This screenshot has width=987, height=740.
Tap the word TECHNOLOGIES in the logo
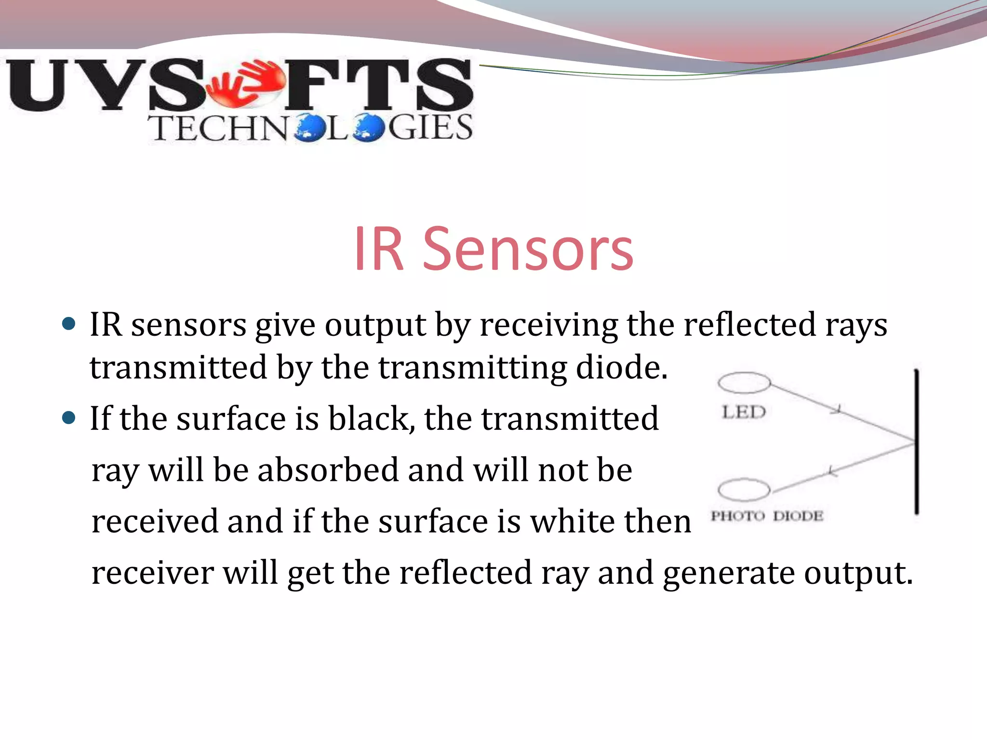[x=311, y=128]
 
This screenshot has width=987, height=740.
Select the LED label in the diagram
[x=744, y=412]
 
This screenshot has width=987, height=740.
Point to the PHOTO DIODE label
[x=767, y=516]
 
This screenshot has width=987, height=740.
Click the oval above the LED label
[x=744, y=383]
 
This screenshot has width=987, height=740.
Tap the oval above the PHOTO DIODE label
[x=744, y=490]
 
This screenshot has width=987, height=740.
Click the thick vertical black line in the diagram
[x=916, y=441]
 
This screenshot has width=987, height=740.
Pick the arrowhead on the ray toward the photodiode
[x=832, y=471]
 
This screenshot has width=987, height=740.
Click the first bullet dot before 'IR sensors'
[x=69, y=324]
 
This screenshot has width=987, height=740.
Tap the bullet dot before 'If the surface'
[x=69, y=417]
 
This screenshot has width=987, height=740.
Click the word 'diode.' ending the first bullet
[x=622, y=367]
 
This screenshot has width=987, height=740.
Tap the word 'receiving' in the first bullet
[x=548, y=325]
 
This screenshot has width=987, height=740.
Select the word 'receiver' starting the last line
[x=153, y=573]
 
